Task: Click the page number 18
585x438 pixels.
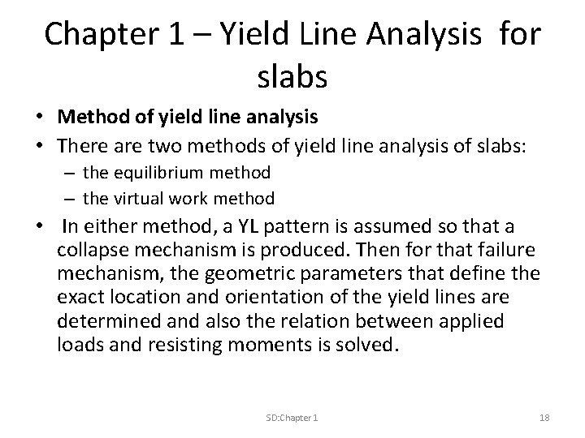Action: tap(544, 417)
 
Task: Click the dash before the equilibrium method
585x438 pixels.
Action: tap(71, 173)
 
